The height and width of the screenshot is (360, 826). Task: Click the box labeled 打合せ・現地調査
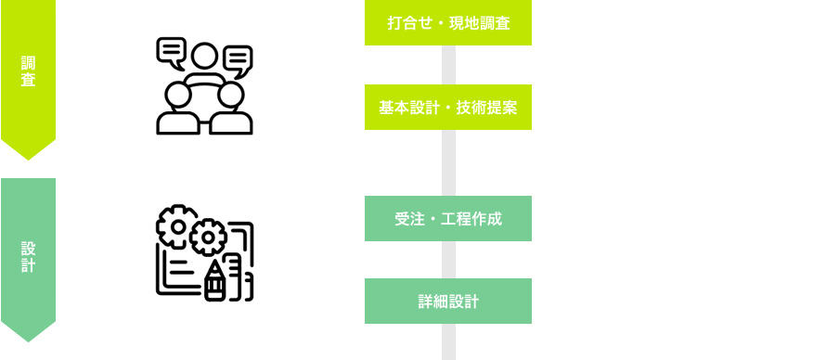pyautogui.click(x=447, y=23)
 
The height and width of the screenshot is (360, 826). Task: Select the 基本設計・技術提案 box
pyautogui.click(x=447, y=108)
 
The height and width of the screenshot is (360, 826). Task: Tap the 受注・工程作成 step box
pyautogui.click(x=447, y=219)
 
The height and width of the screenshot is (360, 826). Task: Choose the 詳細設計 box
pyautogui.click(x=447, y=302)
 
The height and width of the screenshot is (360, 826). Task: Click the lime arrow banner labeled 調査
pyautogui.click(x=28, y=74)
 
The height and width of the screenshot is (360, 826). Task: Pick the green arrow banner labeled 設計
pyautogui.click(x=28, y=255)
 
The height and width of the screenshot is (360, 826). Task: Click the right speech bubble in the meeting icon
pyautogui.click(x=238, y=60)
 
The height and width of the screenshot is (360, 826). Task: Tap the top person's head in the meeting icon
pyautogui.click(x=204, y=57)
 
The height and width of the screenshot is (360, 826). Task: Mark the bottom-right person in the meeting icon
pyautogui.click(x=231, y=108)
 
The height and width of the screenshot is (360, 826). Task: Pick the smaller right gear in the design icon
pyautogui.click(x=207, y=238)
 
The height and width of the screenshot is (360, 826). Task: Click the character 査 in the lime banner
pyautogui.click(x=28, y=81)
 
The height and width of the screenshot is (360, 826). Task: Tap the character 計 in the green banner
pyautogui.click(x=28, y=265)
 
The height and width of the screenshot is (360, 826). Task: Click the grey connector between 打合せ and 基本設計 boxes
pyautogui.click(x=448, y=65)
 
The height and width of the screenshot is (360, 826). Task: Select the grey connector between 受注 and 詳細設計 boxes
pyautogui.click(x=448, y=260)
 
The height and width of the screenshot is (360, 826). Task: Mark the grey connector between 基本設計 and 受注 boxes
pyautogui.click(x=448, y=162)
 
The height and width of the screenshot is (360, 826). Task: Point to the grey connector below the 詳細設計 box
pyautogui.click(x=448, y=341)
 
